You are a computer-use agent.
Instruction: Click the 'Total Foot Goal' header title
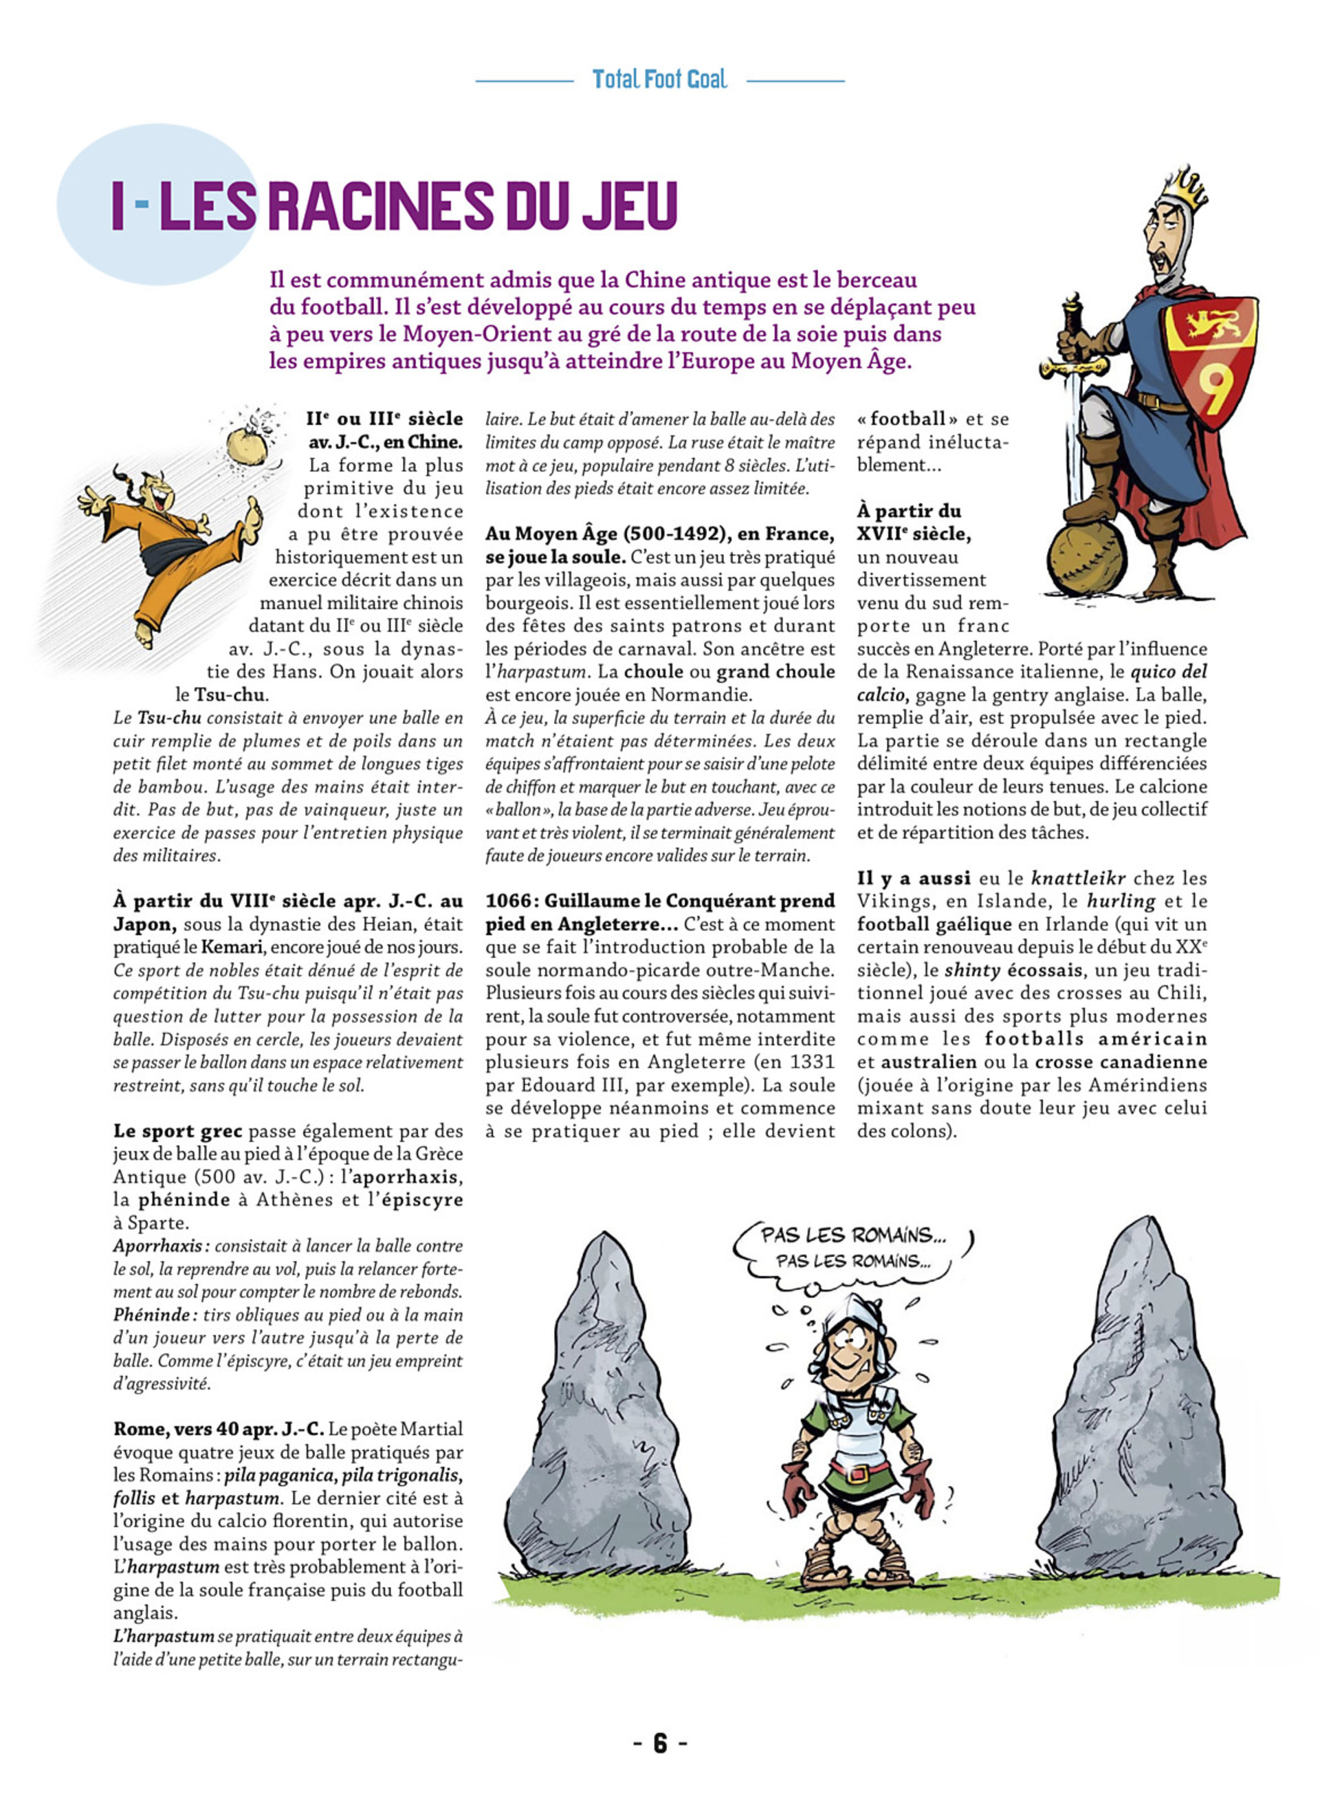click(659, 79)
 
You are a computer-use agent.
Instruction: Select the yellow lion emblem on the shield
click(1209, 324)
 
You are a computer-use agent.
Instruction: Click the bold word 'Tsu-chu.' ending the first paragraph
click(232, 695)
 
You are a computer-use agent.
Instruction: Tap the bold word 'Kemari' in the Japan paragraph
click(232, 947)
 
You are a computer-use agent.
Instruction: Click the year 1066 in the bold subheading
click(505, 901)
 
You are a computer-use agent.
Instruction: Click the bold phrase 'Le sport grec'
click(177, 1131)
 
